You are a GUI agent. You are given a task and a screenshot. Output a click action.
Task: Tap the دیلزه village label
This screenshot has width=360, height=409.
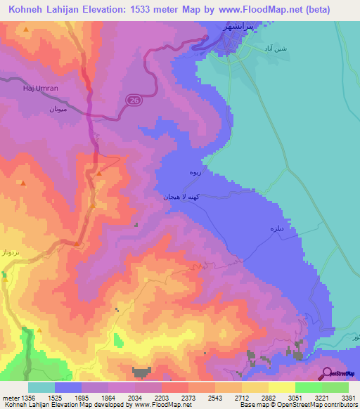point(276,230)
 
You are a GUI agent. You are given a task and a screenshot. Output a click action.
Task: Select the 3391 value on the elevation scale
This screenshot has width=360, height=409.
point(348,397)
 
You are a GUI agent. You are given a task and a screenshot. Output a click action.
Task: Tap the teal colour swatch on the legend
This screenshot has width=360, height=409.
point(41,387)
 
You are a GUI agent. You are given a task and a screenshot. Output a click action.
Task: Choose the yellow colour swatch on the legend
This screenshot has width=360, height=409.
point(281,387)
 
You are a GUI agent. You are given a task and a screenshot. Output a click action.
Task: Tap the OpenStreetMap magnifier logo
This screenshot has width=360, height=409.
point(326,374)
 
